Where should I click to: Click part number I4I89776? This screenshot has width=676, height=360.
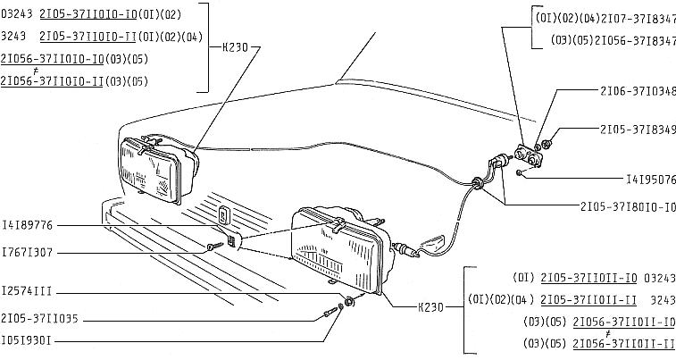click(30, 224)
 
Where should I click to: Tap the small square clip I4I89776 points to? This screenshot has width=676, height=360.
click(223, 213)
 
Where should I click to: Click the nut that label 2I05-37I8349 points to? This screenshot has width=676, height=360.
click(547, 143)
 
